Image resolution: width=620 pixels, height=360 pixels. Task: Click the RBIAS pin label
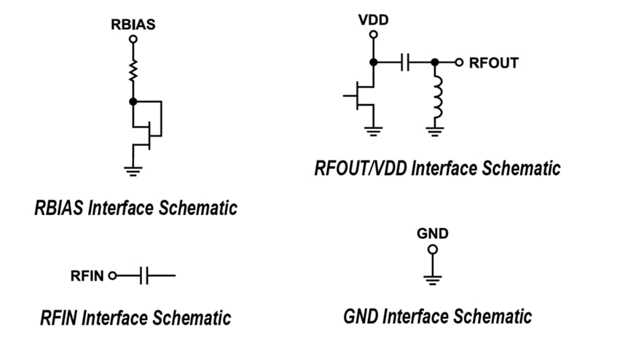(x=133, y=23)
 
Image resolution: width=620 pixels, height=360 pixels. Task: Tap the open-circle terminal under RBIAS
(x=133, y=41)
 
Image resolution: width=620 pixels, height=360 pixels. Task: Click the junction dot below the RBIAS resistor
(x=133, y=101)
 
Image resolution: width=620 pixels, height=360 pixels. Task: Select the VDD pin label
(x=373, y=20)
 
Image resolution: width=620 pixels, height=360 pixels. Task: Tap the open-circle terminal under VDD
(x=373, y=35)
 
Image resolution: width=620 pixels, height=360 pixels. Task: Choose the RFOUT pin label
(x=493, y=63)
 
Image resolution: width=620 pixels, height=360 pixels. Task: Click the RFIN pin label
(x=87, y=276)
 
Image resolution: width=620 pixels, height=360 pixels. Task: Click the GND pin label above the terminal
(x=432, y=234)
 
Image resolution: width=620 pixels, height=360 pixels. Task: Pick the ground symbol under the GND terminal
(x=432, y=278)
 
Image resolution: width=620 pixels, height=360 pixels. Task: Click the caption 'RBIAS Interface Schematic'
(x=136, y=208)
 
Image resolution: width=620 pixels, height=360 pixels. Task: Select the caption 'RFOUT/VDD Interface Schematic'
(x=437, y=168)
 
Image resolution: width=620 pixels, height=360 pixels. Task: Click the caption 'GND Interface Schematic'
(x=437, y=317)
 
